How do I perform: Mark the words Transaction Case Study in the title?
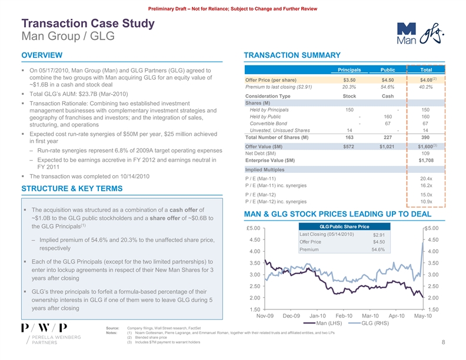coord(88,24)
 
